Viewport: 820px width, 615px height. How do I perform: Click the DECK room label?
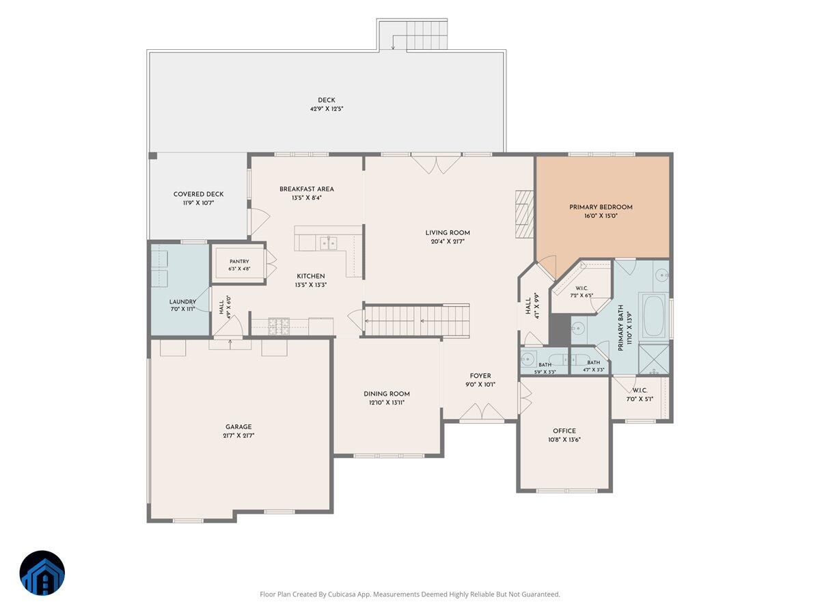326,100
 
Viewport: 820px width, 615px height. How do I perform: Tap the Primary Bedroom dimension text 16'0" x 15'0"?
601,216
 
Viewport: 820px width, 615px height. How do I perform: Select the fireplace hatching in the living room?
524,214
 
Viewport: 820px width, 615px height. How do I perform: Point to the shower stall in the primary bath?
654,359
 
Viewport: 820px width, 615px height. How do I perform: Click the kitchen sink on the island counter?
329,243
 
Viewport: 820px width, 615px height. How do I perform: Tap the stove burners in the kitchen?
279,326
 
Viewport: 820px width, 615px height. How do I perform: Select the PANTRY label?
239,262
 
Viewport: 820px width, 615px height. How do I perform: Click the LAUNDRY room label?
182,302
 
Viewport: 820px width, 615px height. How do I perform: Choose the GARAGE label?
238,427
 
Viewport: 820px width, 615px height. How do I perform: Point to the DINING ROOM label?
387,394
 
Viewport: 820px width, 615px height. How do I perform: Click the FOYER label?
480,376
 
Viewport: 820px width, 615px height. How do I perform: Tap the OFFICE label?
564,431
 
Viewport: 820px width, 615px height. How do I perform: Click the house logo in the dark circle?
42,573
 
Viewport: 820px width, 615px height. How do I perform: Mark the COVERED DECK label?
198,194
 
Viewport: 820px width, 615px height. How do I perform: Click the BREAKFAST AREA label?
307,189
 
